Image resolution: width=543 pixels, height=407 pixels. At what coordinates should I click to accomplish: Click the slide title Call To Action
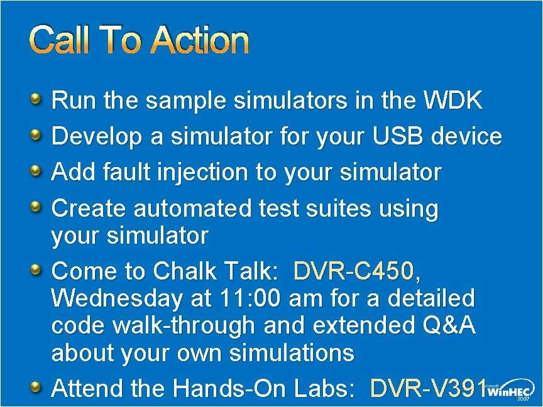tap(139, 40)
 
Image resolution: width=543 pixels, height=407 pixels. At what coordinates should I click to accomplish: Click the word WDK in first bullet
tap(454, 100)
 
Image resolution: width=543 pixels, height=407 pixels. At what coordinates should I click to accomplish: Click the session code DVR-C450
tap(354, 272)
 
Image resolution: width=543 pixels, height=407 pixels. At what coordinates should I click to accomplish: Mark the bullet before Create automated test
tap(36, 205)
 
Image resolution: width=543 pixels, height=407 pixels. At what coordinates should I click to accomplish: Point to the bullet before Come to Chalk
tap(36, 269)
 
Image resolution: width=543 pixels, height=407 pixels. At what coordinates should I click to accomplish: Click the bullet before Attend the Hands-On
tap(36, 387)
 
